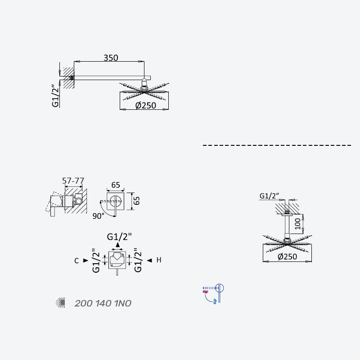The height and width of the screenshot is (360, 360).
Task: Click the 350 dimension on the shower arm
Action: [x=111, y=58]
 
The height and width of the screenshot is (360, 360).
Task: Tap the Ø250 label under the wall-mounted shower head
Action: [x=146, y=105]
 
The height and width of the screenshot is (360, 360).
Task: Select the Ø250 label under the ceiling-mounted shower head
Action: [x=287, y=256]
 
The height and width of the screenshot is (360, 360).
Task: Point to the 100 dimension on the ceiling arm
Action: [x=297, y=224]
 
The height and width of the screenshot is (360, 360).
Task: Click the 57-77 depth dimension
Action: [x=73, y=181]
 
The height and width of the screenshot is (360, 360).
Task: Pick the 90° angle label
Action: [x=98, y=216]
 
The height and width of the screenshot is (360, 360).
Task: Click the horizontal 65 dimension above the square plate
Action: [x=116, y=185]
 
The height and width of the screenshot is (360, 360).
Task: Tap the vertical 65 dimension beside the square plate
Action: [x=136, y=201]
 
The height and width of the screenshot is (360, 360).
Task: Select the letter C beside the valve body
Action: [x=76, y=261]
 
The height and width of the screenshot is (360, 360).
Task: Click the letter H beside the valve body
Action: [x=159, y=260]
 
